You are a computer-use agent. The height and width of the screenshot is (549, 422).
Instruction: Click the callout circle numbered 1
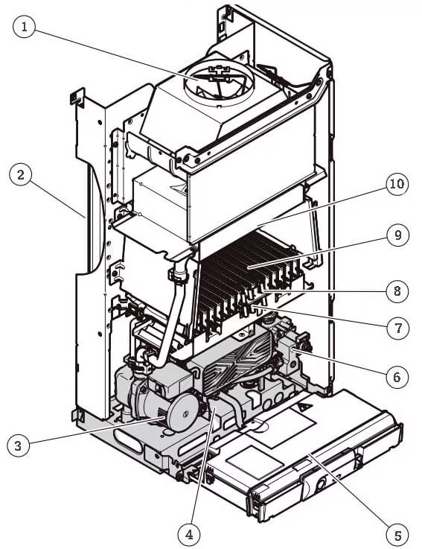pyautogui.click(x=24, y=27)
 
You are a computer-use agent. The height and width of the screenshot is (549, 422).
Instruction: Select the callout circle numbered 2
pyautogui.click(x=21, y=175)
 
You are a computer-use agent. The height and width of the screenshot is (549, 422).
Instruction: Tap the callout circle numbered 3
pyautogui.click(x=18, y=445)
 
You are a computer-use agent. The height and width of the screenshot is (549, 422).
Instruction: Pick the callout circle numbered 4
pyautogui.click(x=189, y=534)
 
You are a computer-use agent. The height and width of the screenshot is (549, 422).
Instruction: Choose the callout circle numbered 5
pyautogui.click(x=397, y=536)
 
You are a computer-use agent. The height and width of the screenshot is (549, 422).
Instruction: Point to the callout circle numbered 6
pyautogui.click(x=397, y=377)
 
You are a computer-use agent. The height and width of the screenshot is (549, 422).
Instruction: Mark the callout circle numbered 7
pyautogui.click(x=398, y=328)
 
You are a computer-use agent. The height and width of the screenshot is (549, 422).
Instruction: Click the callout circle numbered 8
pyautogui.click(x=397, y=291)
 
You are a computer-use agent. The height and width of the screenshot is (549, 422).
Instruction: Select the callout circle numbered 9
pyautogui.click(x=398, y=235)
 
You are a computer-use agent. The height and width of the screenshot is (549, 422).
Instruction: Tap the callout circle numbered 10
pyautogui.click(x=397, y=184)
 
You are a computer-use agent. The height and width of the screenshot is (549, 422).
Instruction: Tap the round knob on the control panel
pyautogui.click(x=321, y=485)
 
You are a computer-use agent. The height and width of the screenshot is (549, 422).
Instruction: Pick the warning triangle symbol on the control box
pyautogui.click(x=305, y=407)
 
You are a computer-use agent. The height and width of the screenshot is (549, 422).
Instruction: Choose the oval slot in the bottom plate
pyautogui.click(x=128, y=442)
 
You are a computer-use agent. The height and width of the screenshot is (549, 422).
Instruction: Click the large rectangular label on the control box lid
pyautogui.click(x=281, y=426)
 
